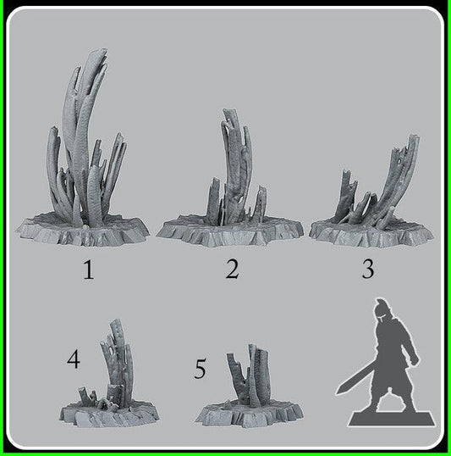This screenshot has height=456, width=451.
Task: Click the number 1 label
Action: (x=88, y=270)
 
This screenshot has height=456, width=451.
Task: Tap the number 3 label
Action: (x=367, y=270)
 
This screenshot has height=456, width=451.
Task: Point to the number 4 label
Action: (x=74, y=360)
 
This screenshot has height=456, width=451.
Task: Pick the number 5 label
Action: (x=201, y=369)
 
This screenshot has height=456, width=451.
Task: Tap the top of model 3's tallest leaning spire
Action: (x=413, y=136)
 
